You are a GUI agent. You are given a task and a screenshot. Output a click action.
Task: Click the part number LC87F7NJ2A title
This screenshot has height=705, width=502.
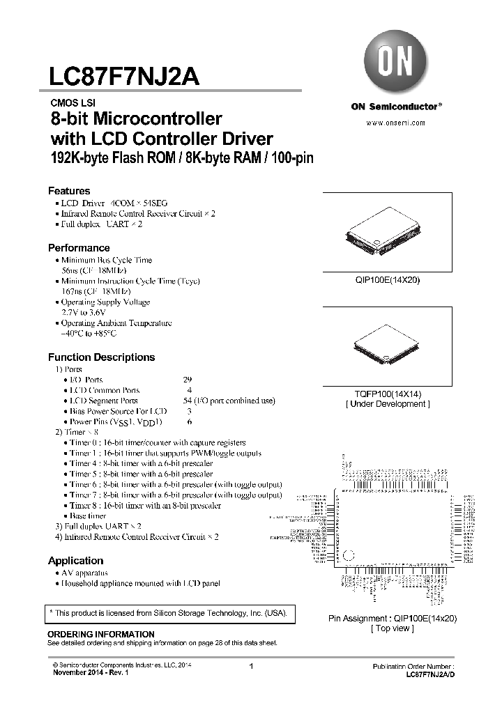tap(124, 76)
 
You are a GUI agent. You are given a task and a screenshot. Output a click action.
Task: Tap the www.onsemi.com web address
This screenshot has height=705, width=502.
tap(396, 122)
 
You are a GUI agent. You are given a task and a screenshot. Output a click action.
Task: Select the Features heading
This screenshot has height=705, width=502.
tap(69, 191)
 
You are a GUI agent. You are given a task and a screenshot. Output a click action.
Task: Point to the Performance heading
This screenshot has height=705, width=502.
tap(79, 248)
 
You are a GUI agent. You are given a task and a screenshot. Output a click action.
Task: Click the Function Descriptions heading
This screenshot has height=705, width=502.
tap(101, 357)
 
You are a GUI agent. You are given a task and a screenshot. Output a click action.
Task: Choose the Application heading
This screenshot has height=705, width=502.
tap(75, 561)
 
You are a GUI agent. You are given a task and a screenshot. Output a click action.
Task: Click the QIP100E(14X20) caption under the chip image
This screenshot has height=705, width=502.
tap(387, 280)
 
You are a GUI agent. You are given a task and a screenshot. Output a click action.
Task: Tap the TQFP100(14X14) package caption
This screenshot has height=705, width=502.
tap(387, 394)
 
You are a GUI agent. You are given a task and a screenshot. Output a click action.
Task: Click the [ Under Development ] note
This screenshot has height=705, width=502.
tap(387, 404)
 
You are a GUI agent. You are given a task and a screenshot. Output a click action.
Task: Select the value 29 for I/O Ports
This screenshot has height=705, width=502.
tap(187, 380)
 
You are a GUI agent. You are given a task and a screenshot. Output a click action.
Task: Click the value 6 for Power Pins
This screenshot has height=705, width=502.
tap(189, 422)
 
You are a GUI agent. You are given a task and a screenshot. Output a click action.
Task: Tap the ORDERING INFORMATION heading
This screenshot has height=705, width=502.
tap(100, 634)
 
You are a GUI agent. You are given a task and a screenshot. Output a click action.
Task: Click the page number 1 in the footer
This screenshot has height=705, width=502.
tap(250, 667)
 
